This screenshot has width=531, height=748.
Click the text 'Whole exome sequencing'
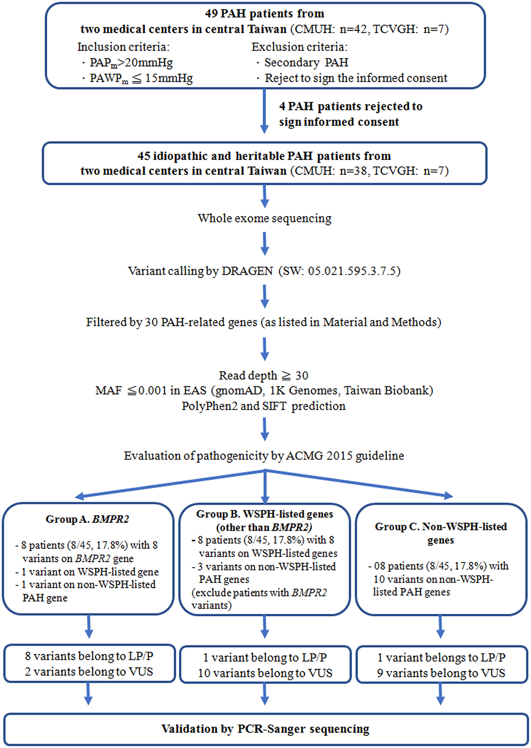pos(265,218)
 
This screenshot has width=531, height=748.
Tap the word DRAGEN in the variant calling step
pos(247,271)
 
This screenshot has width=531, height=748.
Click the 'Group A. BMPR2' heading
pos(87,519)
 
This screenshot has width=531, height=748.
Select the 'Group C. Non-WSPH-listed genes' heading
pos(441,533)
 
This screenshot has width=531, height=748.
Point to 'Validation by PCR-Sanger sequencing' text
pos(265,729)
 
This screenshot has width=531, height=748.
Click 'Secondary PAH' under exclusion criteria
pos(306,62)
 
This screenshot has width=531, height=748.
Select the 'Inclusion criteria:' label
pos(123,47)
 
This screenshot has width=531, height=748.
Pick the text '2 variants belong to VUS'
pos(89,672)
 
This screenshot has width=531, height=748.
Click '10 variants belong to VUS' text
pos(265,673)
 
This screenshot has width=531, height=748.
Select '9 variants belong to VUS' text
pos(441,673)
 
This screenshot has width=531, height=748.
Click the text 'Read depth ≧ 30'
pos(263,375)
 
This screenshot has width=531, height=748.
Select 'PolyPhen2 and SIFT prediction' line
pos(263,406)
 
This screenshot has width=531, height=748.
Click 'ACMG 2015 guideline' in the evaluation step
pos(345,456)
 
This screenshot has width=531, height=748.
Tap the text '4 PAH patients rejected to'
pos(350,106)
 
